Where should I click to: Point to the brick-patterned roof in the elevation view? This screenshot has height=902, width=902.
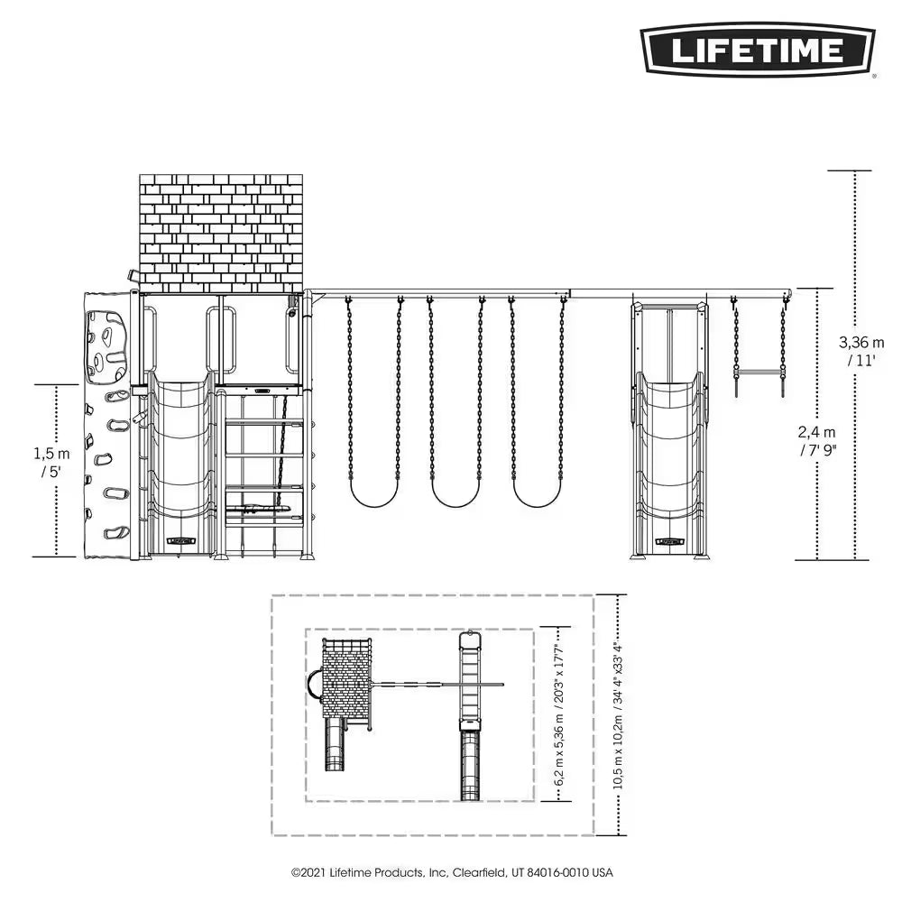click(x=220, y=232)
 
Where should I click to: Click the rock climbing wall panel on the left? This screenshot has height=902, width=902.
click(x=107, y=424)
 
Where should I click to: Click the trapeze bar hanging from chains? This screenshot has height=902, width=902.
click(x=759, y=370)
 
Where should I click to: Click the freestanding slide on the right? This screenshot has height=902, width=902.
click(x=669, y=460)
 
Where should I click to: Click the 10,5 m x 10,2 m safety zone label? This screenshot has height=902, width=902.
click(x=618, y=715)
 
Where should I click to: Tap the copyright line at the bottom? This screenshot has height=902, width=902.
click(x=451, y=873)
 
